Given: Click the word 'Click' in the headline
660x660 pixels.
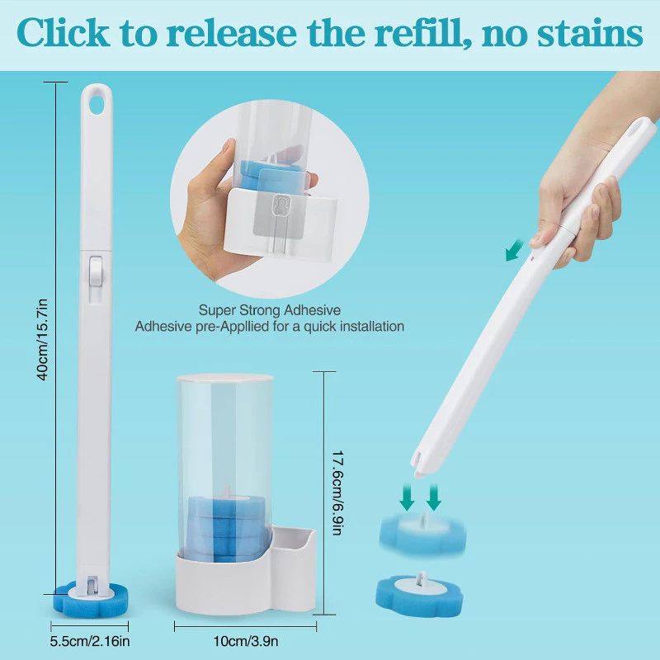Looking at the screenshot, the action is (63, 33).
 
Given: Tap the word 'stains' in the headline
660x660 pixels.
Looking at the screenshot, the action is (590, 34).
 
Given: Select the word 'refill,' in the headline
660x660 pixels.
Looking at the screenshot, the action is (424, 34).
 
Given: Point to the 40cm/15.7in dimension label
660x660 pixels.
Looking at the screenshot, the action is (43, 339).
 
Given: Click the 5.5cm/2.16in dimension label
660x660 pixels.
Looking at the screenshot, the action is (90, 641).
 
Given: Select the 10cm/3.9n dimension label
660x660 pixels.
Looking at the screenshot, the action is (245, 641).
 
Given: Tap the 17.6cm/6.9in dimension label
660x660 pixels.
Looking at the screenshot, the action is (337, 493).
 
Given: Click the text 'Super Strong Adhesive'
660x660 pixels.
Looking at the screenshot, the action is (270, 310).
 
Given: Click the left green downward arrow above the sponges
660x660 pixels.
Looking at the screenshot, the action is (407, 497).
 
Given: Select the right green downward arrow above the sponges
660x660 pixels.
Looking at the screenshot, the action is (434, 497).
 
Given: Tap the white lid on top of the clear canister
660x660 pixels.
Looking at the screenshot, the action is (224, 379).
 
